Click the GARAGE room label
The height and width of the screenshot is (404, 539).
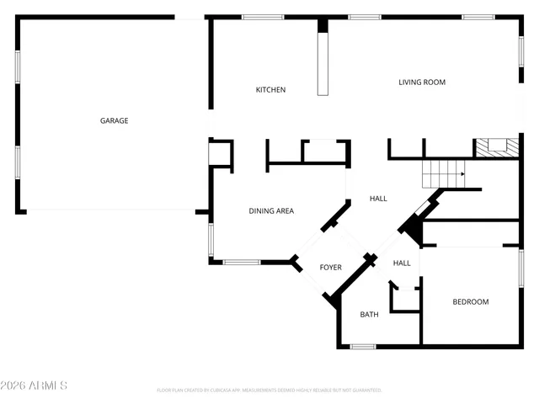tap(115, 120)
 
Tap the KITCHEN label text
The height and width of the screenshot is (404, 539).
tap(271, 90)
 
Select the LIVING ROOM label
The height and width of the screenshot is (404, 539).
tap(422, 82)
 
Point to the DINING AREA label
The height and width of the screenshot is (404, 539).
tap(271, 211)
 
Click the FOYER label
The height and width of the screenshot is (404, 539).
tap(330, 268)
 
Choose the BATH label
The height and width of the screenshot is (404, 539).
tap(370, 315)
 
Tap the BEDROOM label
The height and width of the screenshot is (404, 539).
tap(470, 302)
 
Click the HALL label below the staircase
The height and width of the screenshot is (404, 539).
tap(378, 199)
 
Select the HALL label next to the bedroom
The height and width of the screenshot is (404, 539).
tap(402, 263)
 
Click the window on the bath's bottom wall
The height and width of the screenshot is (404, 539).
tap(363, 346)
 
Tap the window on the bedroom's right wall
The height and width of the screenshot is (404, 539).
tap(521, 275)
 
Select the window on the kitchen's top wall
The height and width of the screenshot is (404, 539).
tap(257, 17)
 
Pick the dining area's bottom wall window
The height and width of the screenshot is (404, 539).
tap(242, 262)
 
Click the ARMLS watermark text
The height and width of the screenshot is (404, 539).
tap(35, 385)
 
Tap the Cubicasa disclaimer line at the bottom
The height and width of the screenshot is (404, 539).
tap(269, 391)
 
